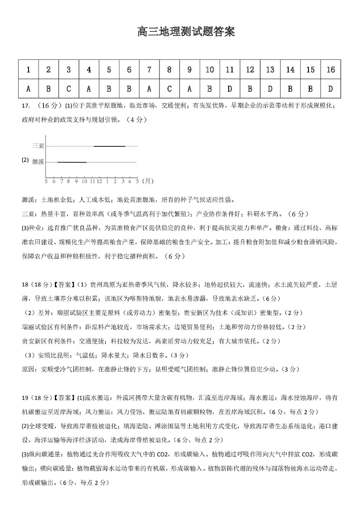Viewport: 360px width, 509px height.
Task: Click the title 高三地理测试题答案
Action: pos(186,32)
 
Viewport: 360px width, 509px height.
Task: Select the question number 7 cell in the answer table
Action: pos(149,70)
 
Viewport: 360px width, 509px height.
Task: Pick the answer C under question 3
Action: pos(68,88)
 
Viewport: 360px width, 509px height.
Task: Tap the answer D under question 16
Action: pos(331,88)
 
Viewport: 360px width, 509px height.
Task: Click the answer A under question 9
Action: pos(189,88)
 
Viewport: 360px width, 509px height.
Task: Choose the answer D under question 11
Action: pos(230,88)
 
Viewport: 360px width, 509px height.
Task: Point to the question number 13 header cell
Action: pos(270,70)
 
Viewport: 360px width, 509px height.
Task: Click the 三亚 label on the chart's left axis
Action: pos(38,146)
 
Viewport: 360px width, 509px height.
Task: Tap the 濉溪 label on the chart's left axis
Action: pos(38,162)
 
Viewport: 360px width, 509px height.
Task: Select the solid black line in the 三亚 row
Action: pos(109,146)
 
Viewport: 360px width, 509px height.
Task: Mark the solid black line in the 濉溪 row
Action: pos(72,162)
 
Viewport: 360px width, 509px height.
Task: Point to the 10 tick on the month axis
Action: pos(84,181)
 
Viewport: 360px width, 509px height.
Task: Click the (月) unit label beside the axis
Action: pos(148,181)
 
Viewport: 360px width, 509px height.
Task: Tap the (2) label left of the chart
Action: pos(25,160)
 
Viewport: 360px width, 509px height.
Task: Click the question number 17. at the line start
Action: pos(26,106)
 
